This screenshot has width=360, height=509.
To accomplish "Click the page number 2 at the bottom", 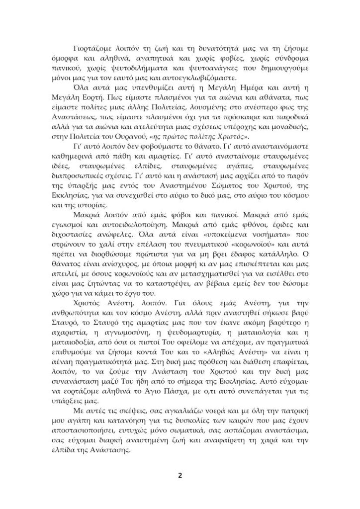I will click(180, 475).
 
